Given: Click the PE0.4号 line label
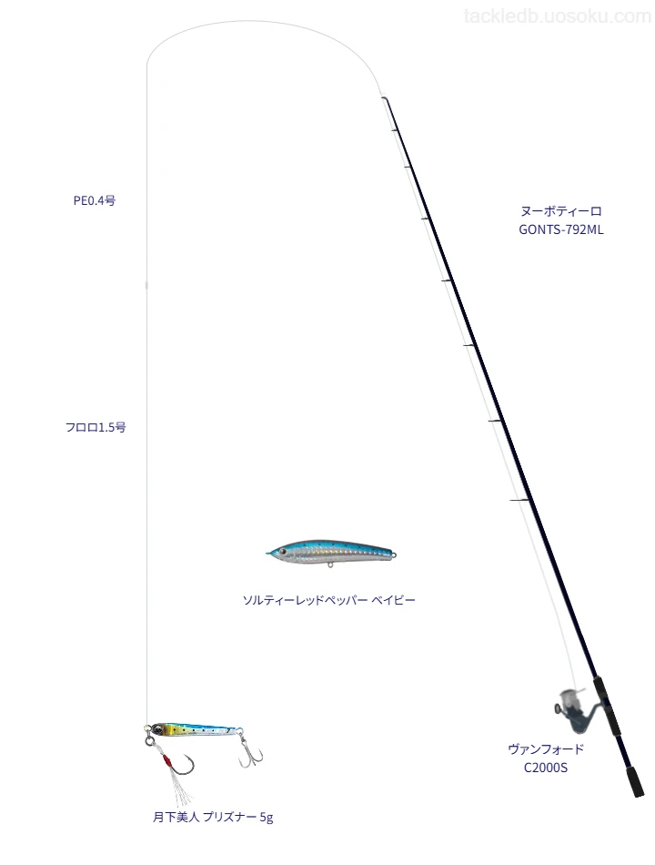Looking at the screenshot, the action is click(x=95, y=201).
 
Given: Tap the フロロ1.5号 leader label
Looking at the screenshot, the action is click(x=96, y=427).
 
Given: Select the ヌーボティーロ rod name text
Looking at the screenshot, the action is click(x=560, y=211).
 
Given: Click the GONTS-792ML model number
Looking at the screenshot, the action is click(x=560, y=230).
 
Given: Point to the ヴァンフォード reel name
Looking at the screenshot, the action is click(x=545, y=749).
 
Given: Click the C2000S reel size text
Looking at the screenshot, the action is click(x=545, y=768).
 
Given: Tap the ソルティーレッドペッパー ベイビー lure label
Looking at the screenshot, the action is click(x=328, y=600).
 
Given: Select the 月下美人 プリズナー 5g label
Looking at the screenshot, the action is click(x=213, y=817).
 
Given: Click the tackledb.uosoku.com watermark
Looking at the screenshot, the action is click(x=558, y=16).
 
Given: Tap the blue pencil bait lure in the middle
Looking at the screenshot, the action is click(x=331, y=553).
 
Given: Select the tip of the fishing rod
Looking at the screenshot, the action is click(x=383, y=98).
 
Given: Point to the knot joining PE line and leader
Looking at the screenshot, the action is click(x=146, y=285).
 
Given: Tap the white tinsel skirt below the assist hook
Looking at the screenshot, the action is click(x=179, y=789).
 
